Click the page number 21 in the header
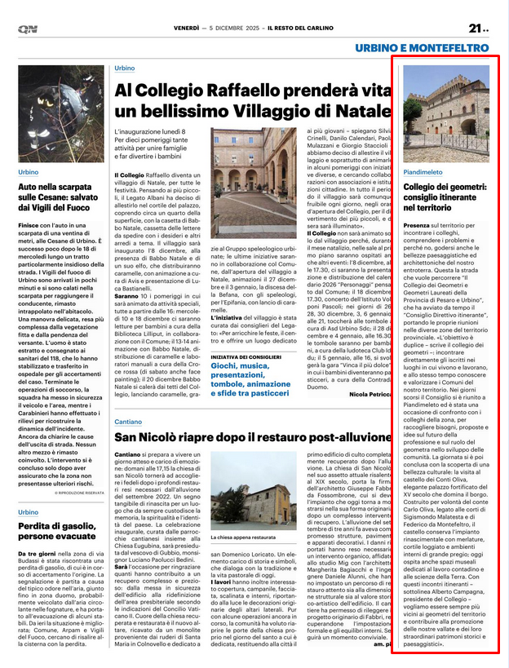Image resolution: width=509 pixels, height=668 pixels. [x=477, y=29]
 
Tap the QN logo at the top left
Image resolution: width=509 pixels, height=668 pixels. [x=28, y=29]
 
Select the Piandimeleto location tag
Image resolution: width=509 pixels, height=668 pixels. [x=423, y=172]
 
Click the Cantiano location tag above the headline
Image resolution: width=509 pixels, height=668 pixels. [x=128, y=422]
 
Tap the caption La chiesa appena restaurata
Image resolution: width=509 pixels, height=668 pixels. [x=244, y=538]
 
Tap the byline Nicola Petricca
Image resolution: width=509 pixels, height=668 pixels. [x=371, y=393]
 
